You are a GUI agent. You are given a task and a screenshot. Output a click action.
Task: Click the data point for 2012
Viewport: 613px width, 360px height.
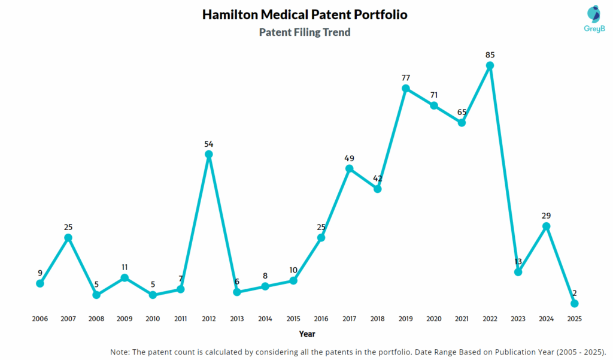(x=209, y=155)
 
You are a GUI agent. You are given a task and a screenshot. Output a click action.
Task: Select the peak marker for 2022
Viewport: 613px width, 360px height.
(x=490, y=66)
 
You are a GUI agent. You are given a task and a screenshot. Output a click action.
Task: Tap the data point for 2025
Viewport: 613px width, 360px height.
(x=575, y=304)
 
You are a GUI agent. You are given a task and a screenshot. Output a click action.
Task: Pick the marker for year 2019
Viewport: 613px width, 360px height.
(x=406, y=89)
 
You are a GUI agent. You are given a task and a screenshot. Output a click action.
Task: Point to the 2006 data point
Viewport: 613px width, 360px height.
(x=40, y=283)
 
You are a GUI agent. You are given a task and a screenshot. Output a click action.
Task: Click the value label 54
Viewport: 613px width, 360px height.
(x=209, y=144)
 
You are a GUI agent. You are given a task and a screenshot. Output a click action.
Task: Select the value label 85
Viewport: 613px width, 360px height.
(x=490, y=55)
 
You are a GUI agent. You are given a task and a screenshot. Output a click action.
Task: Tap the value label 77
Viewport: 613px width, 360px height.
(x=406, y=78)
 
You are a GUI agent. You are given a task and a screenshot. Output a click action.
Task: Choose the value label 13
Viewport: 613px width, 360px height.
(x=518, y=261)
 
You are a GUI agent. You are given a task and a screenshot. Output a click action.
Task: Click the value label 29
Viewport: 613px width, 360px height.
(x=546, y=216)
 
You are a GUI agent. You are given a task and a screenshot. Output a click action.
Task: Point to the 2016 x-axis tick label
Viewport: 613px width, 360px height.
(x=321, y=319)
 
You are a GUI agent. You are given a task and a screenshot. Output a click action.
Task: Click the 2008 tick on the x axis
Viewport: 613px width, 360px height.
(x=96, y=319)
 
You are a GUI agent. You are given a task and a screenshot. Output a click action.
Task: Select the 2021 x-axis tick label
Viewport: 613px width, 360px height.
(x=462, y=319)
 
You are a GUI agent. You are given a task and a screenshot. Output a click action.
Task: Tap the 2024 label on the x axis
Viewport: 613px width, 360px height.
(x=546, y=319)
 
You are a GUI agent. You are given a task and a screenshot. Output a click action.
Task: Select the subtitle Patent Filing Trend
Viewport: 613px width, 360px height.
(x=305, y=32)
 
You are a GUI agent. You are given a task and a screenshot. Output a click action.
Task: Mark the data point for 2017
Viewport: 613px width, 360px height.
(x=350, y=169)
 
